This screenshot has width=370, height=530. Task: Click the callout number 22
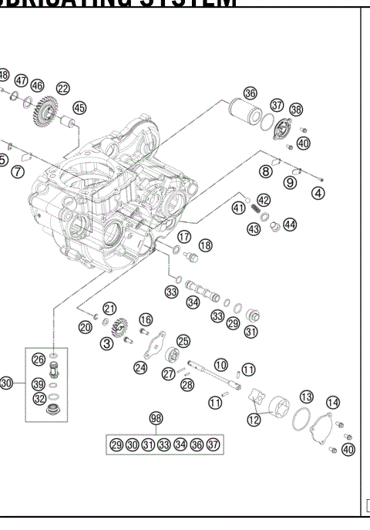coord(62,89)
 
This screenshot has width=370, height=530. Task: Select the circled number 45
coord(80,108)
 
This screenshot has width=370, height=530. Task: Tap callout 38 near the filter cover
coord(296,110)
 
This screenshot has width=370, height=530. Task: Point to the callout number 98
coord(157,417)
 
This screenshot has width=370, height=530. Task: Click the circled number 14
coord(333,402)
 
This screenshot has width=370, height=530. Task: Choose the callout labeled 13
coord(306,396)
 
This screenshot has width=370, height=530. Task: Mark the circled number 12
coord(254,420)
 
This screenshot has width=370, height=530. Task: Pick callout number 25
coord(183,340)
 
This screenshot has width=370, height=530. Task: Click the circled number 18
coord(205,245)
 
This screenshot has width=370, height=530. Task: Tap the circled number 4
coord(318,193)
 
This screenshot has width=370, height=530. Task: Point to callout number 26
coord(38,358)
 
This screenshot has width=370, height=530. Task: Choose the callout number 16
coord(145,319)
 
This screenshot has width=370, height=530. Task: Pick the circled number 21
coord(109,309)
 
